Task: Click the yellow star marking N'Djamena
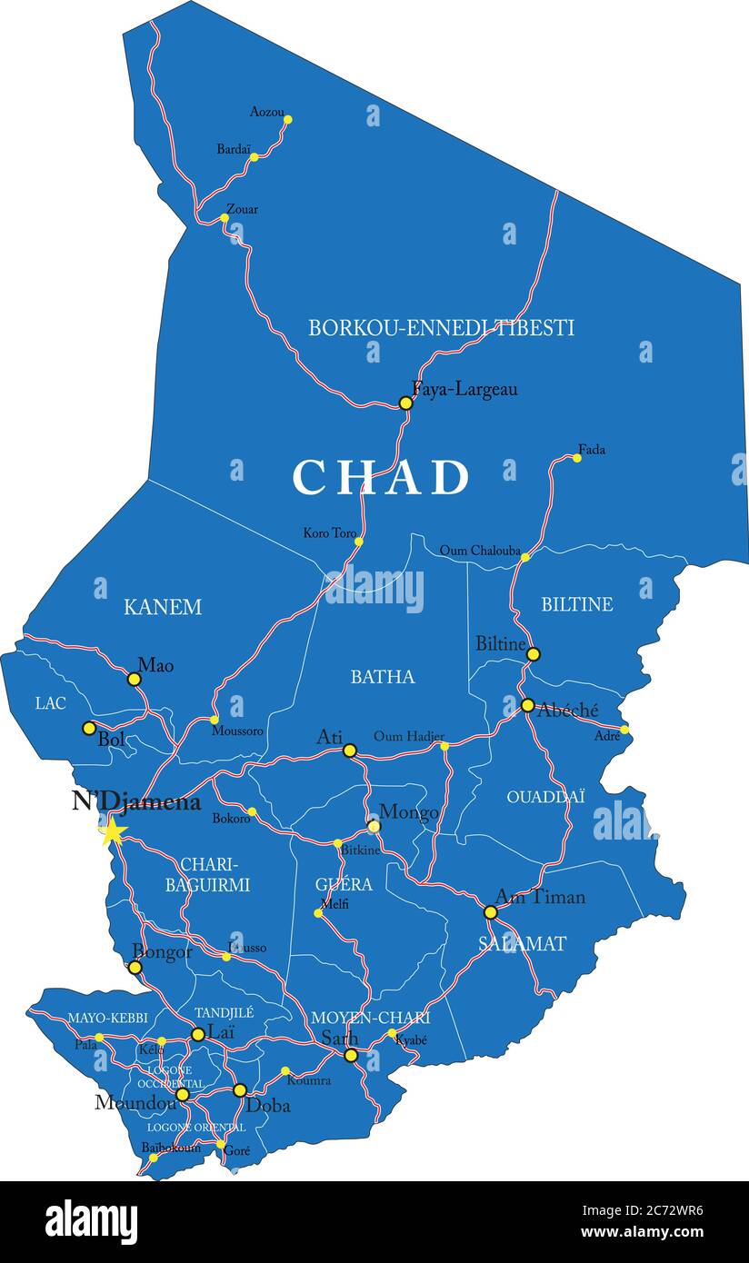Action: [x=113, y=830]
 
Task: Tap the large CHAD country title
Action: [x=381, y=477]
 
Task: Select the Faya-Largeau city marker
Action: [x=405, y=403]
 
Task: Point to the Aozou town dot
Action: [x=287, y=119]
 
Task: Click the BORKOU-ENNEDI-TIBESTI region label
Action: [x=441, y=328]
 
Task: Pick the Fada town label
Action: [x=591, y=450]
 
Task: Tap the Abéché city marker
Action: [x=527, y=705]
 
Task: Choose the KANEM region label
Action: [x=163, y=607]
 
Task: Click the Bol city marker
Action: [x=89, y=728]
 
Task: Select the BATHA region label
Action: [x=383, y=676]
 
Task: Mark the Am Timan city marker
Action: [x=490, y=911]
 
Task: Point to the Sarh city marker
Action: [x=351, y=1055]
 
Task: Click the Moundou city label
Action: [x=135, y=1102]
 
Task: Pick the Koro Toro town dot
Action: [x=358, y=542]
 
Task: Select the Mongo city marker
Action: [x=374, y=826]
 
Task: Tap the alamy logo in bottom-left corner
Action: [x=91, y=1221]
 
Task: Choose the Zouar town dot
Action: [x=225, y=218]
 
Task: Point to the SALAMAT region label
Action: [x=522, y=943]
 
